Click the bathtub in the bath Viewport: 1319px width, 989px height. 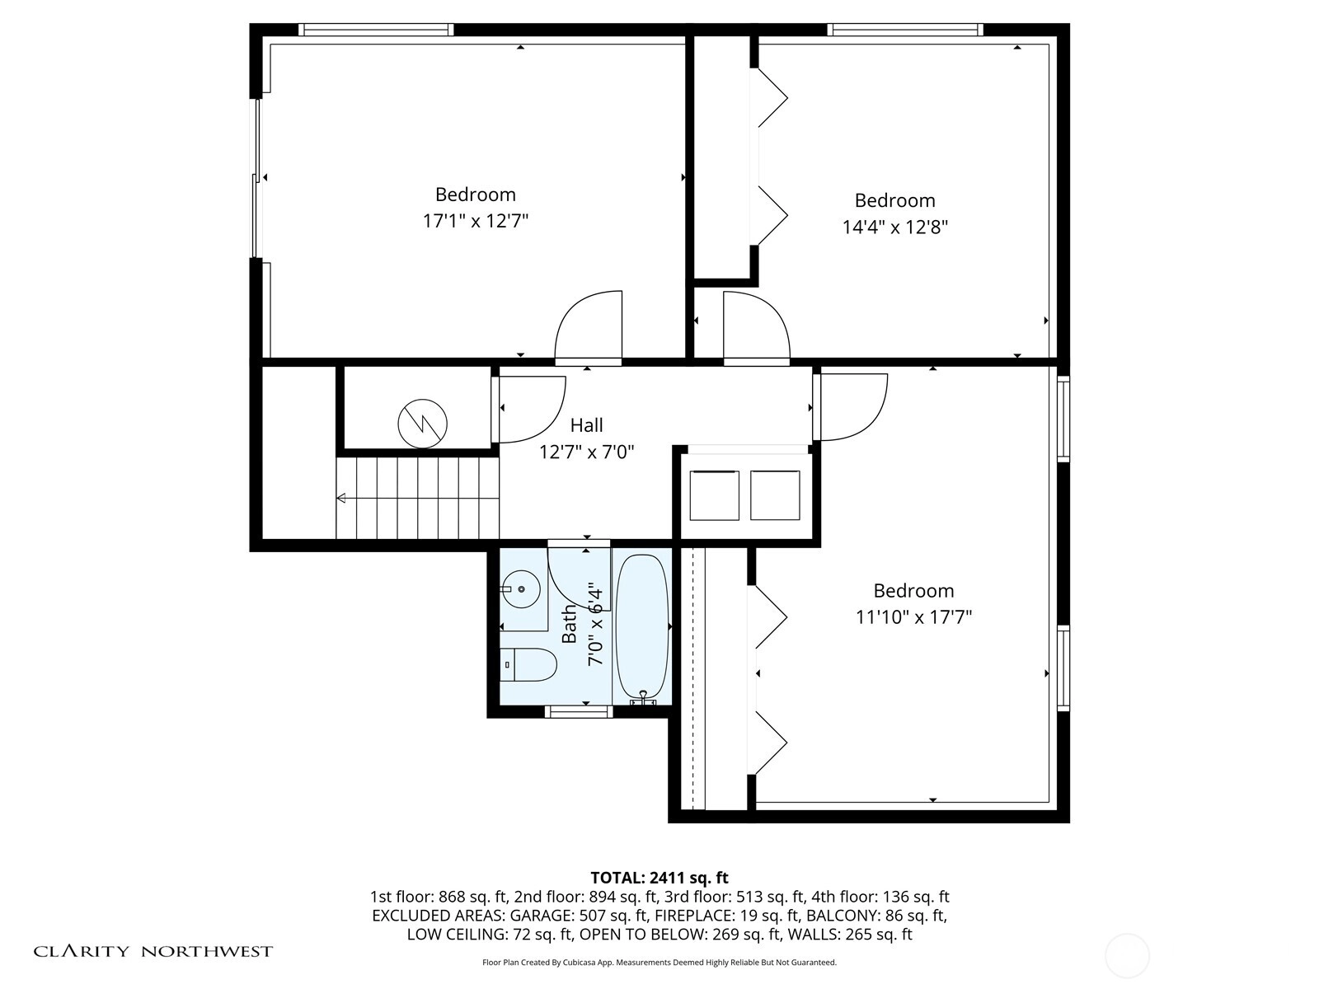click(x=641, y=628)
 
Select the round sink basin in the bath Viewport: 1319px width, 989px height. click(x=522, y=589)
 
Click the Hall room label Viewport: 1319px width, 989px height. click(x=586, y=425)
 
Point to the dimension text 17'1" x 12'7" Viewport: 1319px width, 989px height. click(x=476, y=221)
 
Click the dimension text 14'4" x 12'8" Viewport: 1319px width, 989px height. click(x=894, y=227)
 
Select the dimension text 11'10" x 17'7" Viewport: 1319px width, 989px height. click(x=913, y=616)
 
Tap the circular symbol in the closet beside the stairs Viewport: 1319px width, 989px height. click(x=422, y=424)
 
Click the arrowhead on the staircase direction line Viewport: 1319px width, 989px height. click(x=341, y=498)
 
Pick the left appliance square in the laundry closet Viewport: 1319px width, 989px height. click(x=714, y=495)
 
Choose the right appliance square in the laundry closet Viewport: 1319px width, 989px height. click(x=775, y=495)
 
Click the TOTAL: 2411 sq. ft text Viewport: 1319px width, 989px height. click(x=659, y=878)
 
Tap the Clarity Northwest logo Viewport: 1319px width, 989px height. click(x=153, y=950)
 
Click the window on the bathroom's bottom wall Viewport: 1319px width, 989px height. click(x=579, y=712)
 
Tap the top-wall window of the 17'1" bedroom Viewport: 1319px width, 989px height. click(x=376, y=30)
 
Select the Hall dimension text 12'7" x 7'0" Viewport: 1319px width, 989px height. click(x=586, y=452)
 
